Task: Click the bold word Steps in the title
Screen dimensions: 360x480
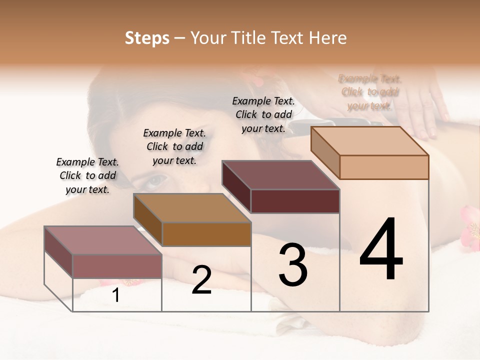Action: (147, 38)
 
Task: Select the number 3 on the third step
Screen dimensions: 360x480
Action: (293, 265)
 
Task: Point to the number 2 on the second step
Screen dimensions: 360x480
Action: (201, 280)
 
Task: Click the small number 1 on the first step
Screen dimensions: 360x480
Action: (116, 295)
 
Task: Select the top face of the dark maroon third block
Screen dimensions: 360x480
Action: (280, 175)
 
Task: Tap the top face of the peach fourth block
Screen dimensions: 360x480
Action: (370, 141)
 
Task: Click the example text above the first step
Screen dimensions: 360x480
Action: (87, 176)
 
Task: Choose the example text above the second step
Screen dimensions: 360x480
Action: (174, 147)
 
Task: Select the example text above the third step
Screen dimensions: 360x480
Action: (263, 114)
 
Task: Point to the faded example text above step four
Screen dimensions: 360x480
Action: (370, 92)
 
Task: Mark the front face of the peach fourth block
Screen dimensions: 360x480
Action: (384, 167)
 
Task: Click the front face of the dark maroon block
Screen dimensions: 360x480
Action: (295, 201)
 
